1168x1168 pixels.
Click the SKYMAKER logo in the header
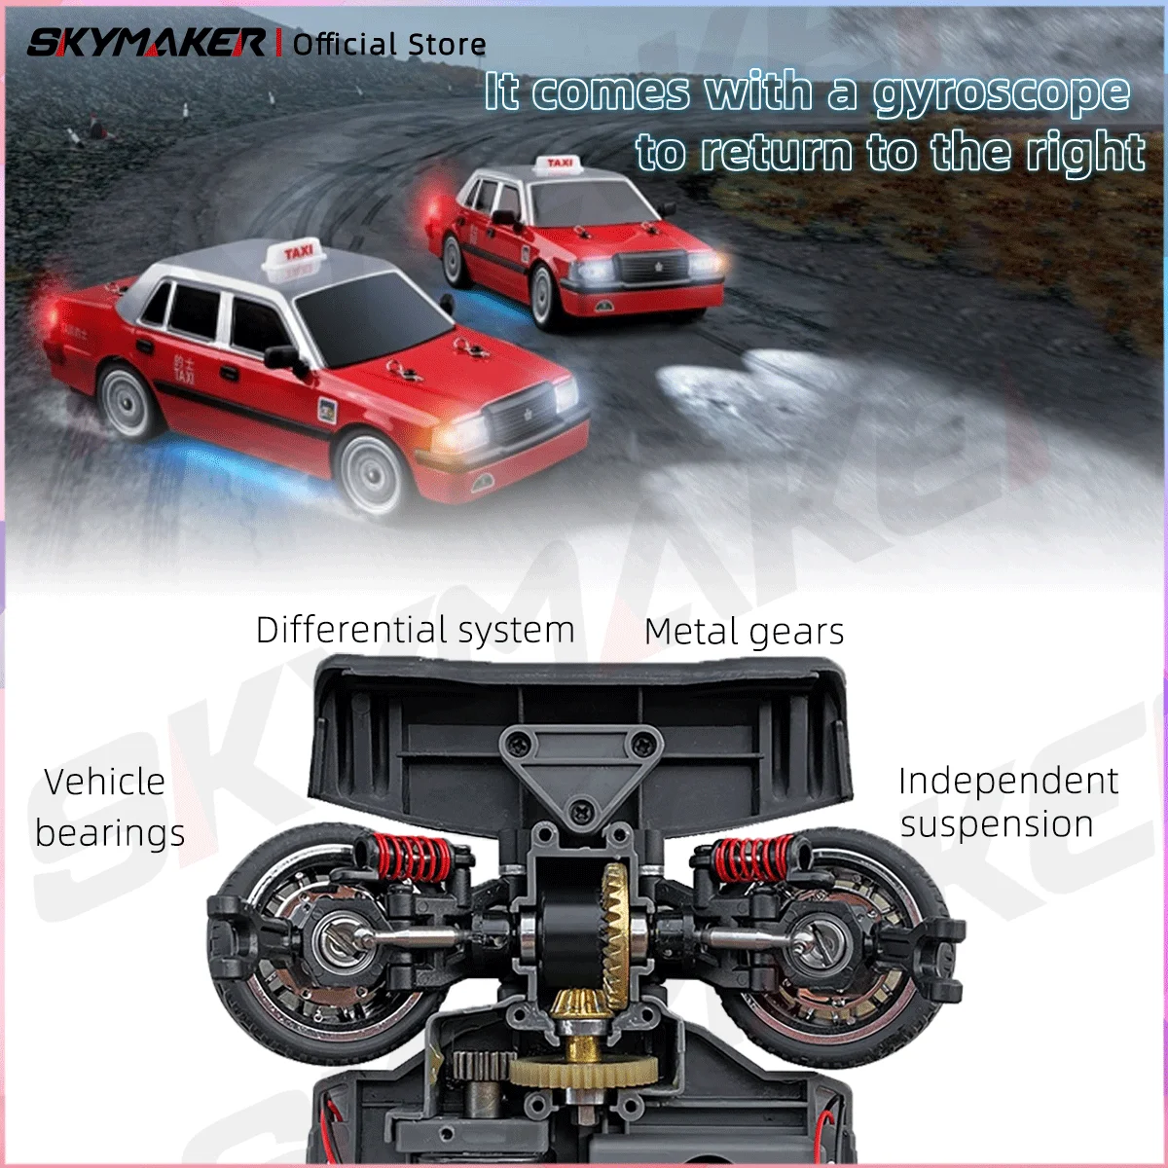(x=146, y=43)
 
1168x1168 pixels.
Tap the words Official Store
(x=389, y=44)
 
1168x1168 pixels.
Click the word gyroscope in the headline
(x=1002, y=93)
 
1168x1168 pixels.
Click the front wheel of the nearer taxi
(x=372, y=474)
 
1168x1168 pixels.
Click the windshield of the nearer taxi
(x=370, y=319)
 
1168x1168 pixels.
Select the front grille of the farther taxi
(x=651, y=267)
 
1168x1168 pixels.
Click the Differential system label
(x=416, y=631)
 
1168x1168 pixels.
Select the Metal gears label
(x=744, y=633)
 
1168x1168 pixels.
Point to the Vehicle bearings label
(x=109, y=807)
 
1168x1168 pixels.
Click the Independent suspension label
(x=1008, y=802)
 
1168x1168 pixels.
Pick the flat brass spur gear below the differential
(x=582, y=1071)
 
